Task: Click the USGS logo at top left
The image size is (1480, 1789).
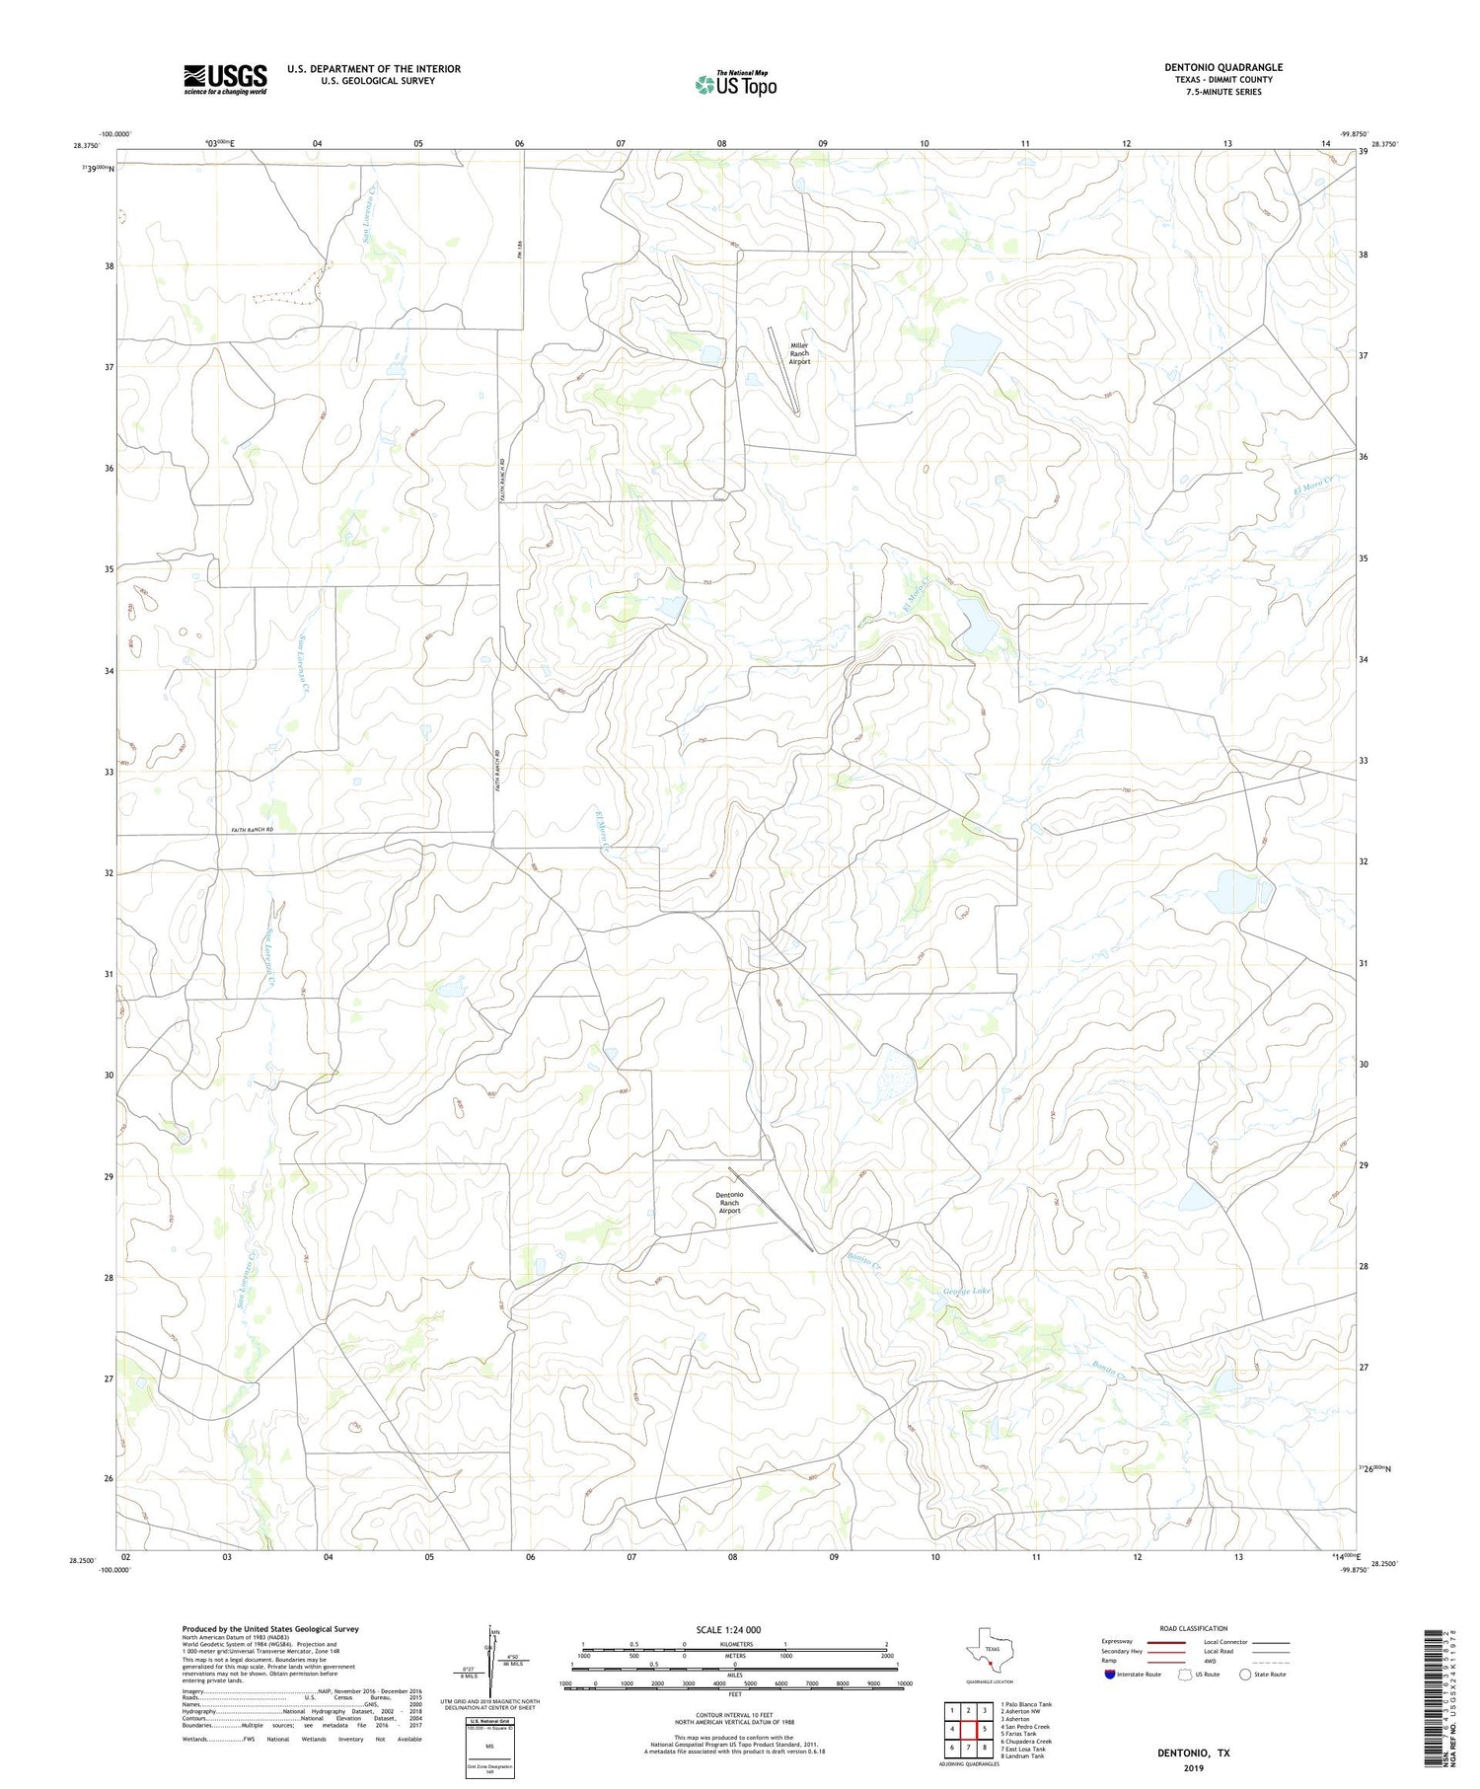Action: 225,79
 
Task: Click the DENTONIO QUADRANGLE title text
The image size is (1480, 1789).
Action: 1222,67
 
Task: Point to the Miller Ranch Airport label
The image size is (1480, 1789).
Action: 799,353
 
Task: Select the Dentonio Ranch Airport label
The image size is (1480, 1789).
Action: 729,1202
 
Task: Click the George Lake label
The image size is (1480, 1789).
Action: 966,1291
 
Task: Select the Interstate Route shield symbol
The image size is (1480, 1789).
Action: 1110,1674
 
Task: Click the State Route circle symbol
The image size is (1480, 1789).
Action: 1245,1674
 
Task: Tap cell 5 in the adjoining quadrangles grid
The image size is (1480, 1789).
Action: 984,1729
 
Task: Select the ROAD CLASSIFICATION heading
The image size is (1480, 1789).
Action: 1193,1628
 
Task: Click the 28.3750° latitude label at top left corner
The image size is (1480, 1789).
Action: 86,146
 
